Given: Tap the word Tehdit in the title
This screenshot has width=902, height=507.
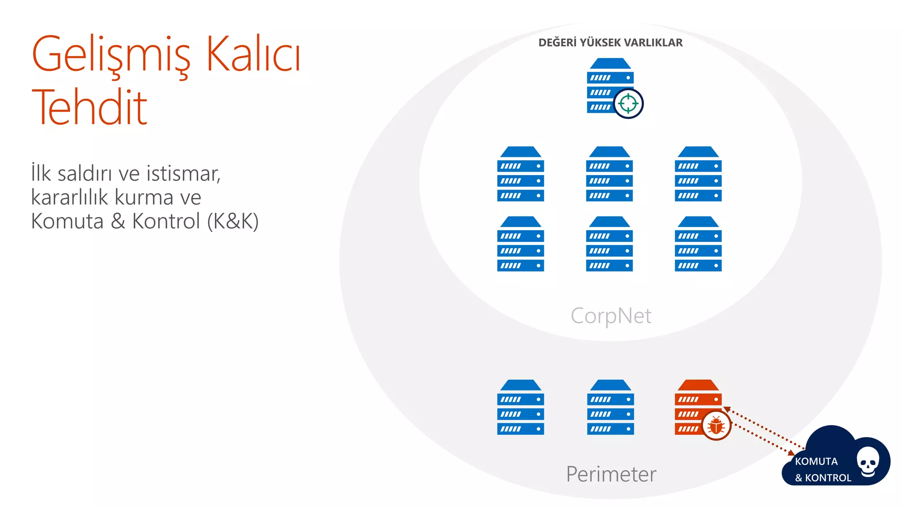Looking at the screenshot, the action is (89, 107).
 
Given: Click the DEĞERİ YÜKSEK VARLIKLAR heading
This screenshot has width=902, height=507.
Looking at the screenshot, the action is (610, 43).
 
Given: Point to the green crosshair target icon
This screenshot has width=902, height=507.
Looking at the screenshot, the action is (628, 104).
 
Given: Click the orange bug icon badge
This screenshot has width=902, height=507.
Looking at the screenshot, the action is (716, 426).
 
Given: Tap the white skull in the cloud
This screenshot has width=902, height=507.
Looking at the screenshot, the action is (868, 462).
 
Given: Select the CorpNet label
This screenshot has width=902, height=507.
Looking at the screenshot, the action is (611, 316).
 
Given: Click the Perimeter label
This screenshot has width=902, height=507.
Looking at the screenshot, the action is (611, 474).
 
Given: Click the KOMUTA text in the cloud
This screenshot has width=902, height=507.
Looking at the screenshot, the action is (816, 461).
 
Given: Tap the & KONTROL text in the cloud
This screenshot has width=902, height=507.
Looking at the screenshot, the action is (823, 478).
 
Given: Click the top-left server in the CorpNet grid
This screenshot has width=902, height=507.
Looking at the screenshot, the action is (521, 174).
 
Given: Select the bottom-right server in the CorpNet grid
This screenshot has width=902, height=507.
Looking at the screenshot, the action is (698, 244).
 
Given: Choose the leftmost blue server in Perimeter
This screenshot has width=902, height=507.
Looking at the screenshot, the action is (521, 407).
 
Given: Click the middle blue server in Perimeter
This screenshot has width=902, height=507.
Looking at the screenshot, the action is (610, 407).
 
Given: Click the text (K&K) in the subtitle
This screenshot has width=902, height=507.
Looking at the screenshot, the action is (233, 221).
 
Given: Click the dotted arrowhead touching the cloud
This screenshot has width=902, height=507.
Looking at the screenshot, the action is (791, 453).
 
